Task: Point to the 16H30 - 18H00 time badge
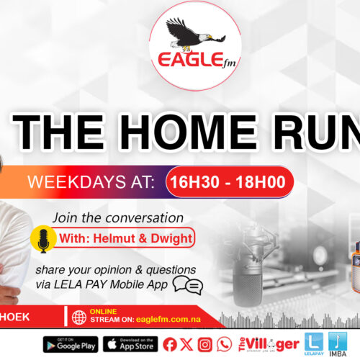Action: click(228, 182)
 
